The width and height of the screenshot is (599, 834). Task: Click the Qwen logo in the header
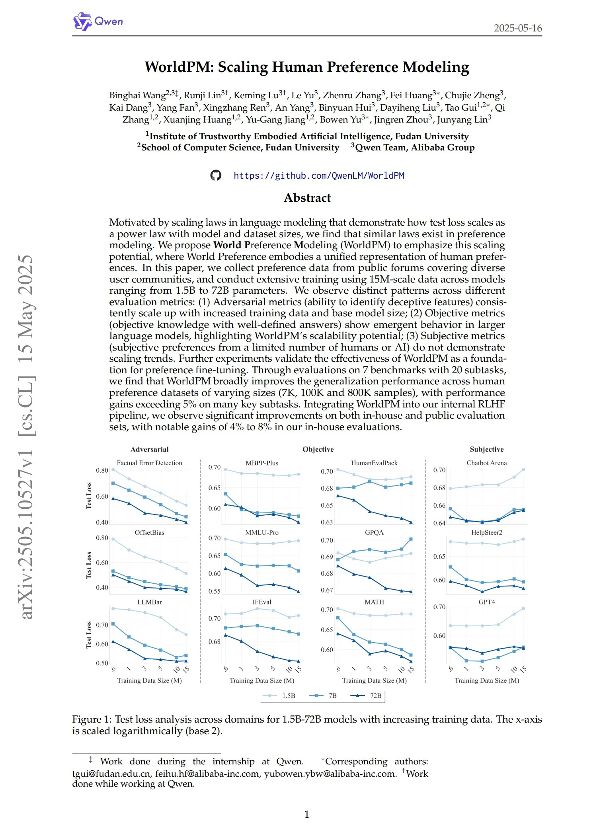tap(98, 21)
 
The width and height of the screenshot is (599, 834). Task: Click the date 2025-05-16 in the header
tap(517, 28)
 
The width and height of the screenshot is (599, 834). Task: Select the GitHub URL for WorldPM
tap(318, 175)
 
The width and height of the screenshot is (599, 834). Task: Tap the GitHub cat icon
tap(216, 175)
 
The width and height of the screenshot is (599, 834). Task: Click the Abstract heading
tap(307, 198)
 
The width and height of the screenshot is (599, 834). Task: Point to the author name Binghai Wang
tap(137, 95)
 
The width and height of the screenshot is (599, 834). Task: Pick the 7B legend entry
tap(325, 696)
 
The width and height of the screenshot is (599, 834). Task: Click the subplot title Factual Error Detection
tap(149, 463)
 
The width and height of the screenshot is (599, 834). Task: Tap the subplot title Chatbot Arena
tap(486, 463)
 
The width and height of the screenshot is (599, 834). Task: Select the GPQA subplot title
tap(374, 532)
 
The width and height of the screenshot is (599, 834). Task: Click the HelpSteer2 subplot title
tap(486, 532)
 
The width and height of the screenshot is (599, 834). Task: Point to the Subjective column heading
tap(486, 449)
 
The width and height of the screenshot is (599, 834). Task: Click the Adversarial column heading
tap(149, 449)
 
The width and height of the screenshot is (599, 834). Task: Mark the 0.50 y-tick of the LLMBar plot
tap(102, 663)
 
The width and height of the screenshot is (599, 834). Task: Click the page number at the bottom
tap(306, 814)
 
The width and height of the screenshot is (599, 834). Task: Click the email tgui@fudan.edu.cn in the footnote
tap(111, 774)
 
